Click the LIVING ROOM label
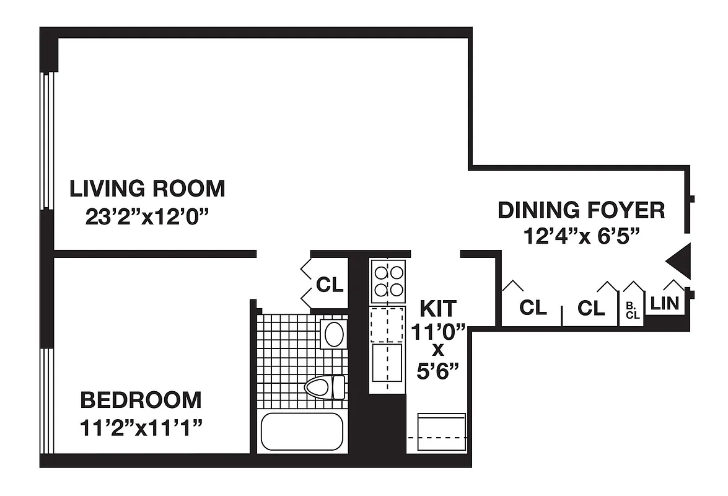[147, 188]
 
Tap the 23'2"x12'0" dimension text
[147, 218]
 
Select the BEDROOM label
[141, 400]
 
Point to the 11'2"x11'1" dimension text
[142, 427]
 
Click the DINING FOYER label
[581, 210]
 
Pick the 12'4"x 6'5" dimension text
[581, 236]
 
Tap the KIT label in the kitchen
[437, 308]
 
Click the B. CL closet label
[632, 311]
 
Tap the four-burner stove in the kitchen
[387, 280]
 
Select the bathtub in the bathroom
[302, 432]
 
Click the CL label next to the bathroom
[329, 285]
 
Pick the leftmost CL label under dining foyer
[533, 308]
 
